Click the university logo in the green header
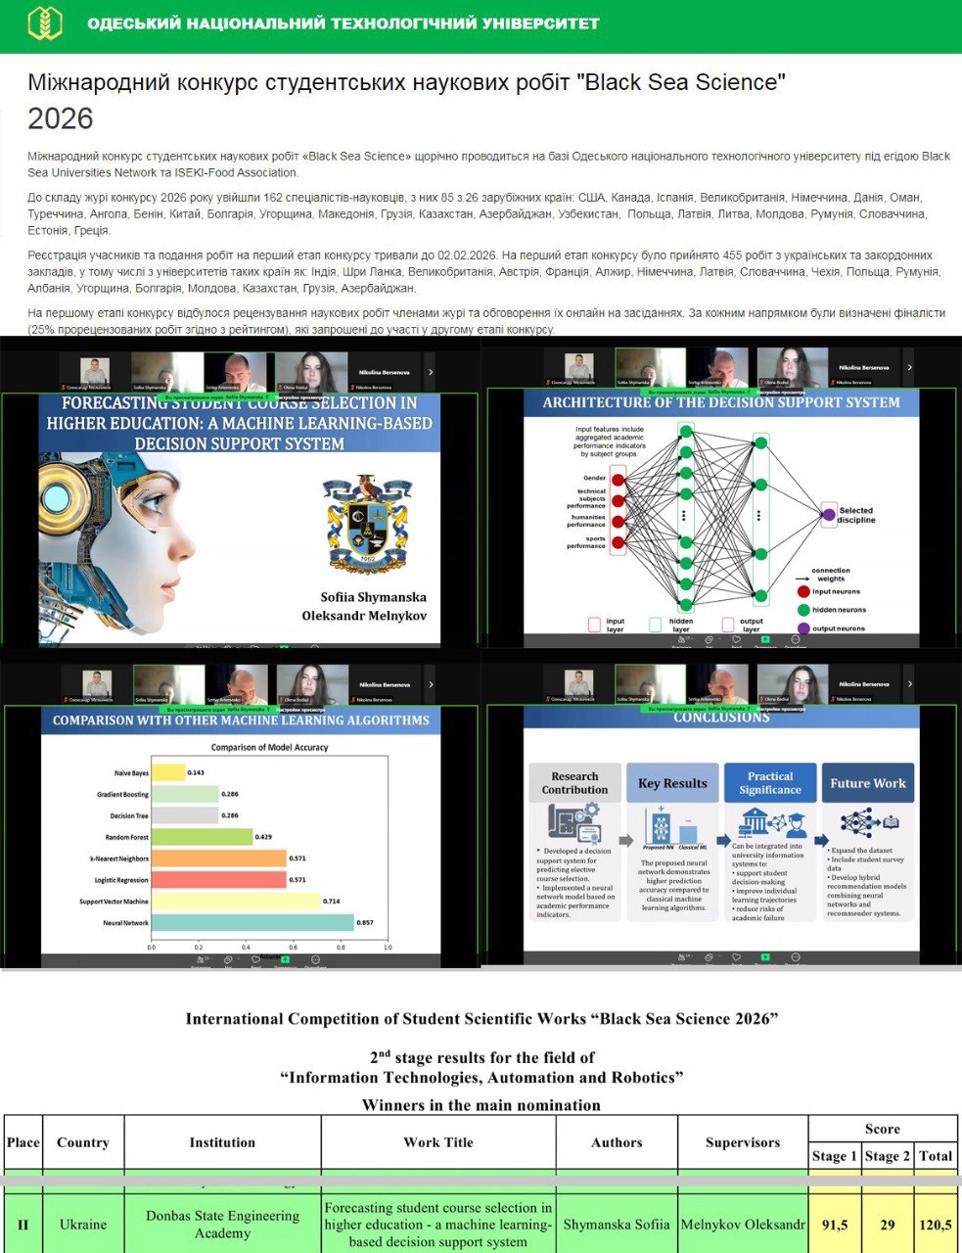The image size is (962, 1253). tap(44, 23)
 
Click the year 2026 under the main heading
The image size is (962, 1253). tap(61, 119)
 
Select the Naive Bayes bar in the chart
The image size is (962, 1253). tap(168, 772)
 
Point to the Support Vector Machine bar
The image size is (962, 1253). tap(236, 901)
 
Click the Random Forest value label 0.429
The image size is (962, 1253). tap(263, 837)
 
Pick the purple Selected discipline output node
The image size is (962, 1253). tap(829, 514)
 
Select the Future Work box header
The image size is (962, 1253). tap(867, 783)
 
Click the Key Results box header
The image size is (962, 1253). tap(672, 783)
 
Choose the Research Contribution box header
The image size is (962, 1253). tap(574, 783)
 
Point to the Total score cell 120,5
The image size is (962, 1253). tap(936, 1224)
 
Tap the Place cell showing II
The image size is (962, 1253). tap(23, 1224)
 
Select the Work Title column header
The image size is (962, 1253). tap(438, 1142)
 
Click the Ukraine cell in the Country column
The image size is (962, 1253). tap(83, 1224)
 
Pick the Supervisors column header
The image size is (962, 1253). tap(743, 1142)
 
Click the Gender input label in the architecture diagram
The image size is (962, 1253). tap(594, 478)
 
